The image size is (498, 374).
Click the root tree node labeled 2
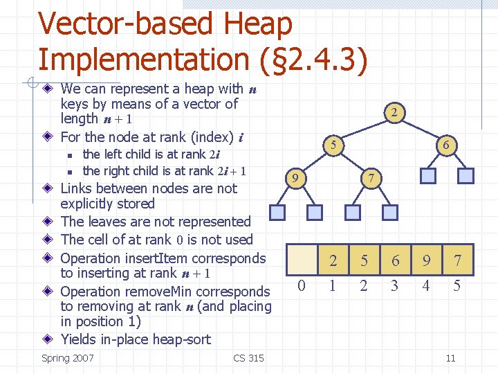click(x=392, y=112)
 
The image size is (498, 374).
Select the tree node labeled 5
click(x=333, y=145)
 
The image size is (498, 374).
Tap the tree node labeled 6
click(x=447, y=145)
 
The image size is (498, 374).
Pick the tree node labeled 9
click(x=295, y=179)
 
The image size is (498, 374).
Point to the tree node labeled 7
click(x=371, y=179)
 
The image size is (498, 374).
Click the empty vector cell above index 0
click(x=302, y=260)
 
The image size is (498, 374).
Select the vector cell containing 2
click(x=333, y=260)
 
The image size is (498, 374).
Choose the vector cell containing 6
click(x=395, y=260)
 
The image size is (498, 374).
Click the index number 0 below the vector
click(x=302, y=285)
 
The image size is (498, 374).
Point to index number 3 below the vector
click(x=395, y=285)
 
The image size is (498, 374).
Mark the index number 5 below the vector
click(x=457, y=285)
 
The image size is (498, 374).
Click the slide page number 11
click(x=450, y=358)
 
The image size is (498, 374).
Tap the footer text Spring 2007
click(x=68, y=358)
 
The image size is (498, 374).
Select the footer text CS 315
click(x=248, y=358)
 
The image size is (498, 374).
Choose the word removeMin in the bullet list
click(x=160, y=292)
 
